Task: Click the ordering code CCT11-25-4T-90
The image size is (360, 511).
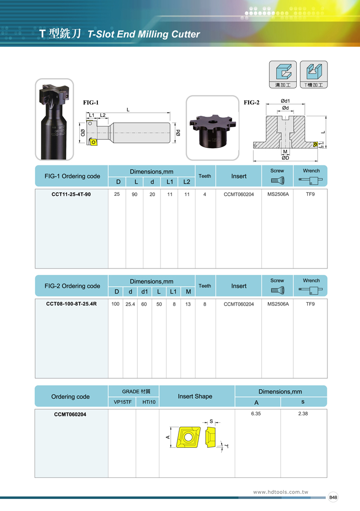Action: point(71,194)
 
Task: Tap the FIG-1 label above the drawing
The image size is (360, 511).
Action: point(91,103)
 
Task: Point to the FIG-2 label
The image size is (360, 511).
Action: point(251,103)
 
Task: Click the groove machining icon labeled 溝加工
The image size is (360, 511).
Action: point(283,75)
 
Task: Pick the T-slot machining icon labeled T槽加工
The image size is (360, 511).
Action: point(314,75)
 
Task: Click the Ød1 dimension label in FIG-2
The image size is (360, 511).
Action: point(285,101)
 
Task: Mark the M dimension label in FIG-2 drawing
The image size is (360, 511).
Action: point(285,151)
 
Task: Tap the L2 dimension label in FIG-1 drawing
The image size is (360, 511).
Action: point(102,115)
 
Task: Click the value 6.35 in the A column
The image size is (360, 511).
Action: point(256,414)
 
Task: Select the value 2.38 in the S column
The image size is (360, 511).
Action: point(303,414)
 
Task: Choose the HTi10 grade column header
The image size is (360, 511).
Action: point(149,402)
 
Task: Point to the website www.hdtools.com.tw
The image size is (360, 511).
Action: point(280,492)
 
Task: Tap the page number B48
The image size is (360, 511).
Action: point(333,497)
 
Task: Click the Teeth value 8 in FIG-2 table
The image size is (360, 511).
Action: point(205,304)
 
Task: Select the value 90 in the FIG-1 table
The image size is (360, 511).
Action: point(134,194)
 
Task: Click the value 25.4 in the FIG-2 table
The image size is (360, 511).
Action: point(130,304)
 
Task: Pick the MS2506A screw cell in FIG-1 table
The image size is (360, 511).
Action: point(278,194)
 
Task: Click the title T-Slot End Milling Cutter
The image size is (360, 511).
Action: point(144,34)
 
